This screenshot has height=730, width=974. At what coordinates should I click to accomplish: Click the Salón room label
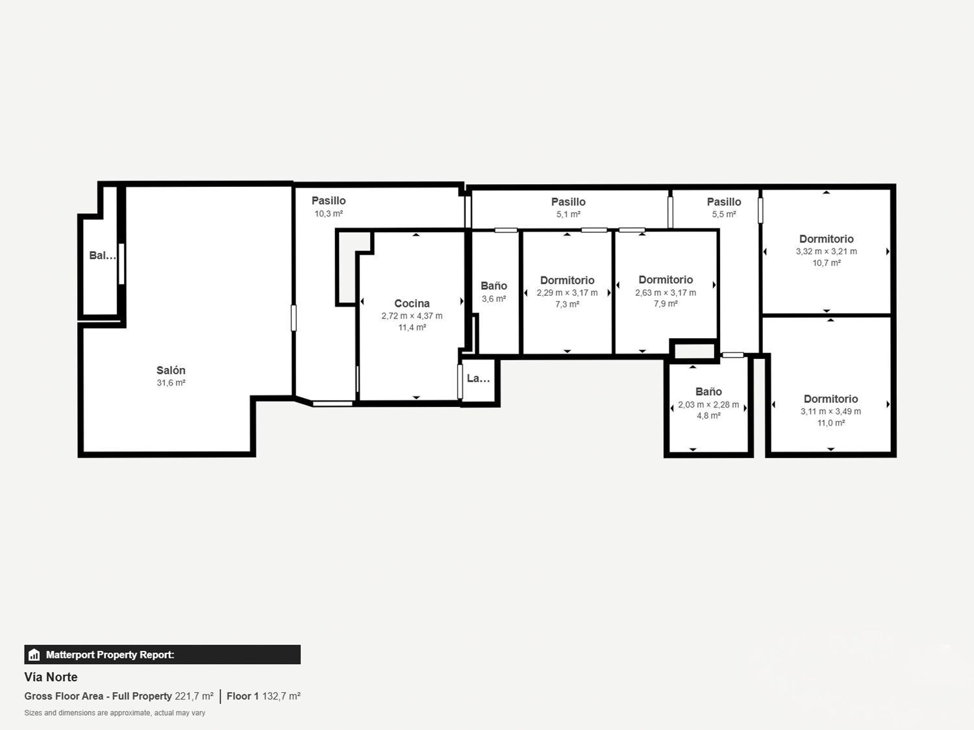click(x=171, y=371)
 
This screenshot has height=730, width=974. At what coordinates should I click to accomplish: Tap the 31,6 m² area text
click(x=171, y=383)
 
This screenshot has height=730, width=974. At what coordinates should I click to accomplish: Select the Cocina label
click(x=412, y=303)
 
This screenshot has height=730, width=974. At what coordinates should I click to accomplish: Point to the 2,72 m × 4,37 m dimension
click(x=412, y=316)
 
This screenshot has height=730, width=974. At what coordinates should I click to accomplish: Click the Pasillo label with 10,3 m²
click(x=329, y=201)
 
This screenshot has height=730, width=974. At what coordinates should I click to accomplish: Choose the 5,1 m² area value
click(x=568, y=214)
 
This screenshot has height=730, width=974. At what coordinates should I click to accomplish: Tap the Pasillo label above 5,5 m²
click(x=724, y=202)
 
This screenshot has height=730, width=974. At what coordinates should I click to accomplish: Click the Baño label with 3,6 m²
click(x=493, y=286)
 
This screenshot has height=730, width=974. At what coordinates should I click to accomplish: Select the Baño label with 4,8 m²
click(x=708, y=391)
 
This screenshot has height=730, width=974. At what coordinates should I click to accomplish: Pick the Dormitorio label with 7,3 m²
click(x=567, y=280)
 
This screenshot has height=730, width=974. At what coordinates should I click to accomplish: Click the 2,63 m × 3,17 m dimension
click(x=666, y=293)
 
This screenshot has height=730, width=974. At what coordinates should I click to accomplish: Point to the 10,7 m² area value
click(x=827, y=263)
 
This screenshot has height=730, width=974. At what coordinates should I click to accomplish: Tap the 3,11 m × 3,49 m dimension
click(x=830, y=411)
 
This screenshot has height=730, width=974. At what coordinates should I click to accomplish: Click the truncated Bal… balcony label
click(x=103, y=256)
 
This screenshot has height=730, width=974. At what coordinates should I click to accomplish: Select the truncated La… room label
click(x=479, y=378)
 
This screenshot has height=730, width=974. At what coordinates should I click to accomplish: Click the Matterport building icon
click(x=34, y=655)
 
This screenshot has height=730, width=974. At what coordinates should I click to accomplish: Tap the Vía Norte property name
click(x=51, y=677)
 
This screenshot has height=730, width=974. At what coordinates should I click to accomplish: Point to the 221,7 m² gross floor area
click(x=194, y=696)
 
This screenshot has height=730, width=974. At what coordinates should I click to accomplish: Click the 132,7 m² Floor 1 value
click(x=281, y=696)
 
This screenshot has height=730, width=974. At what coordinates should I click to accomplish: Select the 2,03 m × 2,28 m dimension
click(x=708, y=404)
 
